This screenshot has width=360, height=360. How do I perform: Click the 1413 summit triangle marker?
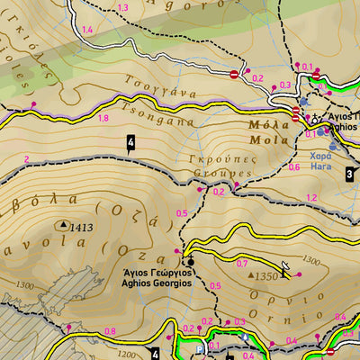[64, 225]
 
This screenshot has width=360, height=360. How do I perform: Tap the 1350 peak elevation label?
[266, 276]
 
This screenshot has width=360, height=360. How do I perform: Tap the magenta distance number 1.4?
[87, 31]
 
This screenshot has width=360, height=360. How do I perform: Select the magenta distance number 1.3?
[122, 8]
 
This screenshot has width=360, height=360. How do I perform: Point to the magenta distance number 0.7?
[241, 264]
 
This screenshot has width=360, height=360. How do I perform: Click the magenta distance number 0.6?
[293, 166]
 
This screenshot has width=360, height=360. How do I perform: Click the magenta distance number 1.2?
[311, 198]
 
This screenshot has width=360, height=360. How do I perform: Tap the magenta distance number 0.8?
[110, 331]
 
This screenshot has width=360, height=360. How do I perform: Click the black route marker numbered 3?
[349, 174]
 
